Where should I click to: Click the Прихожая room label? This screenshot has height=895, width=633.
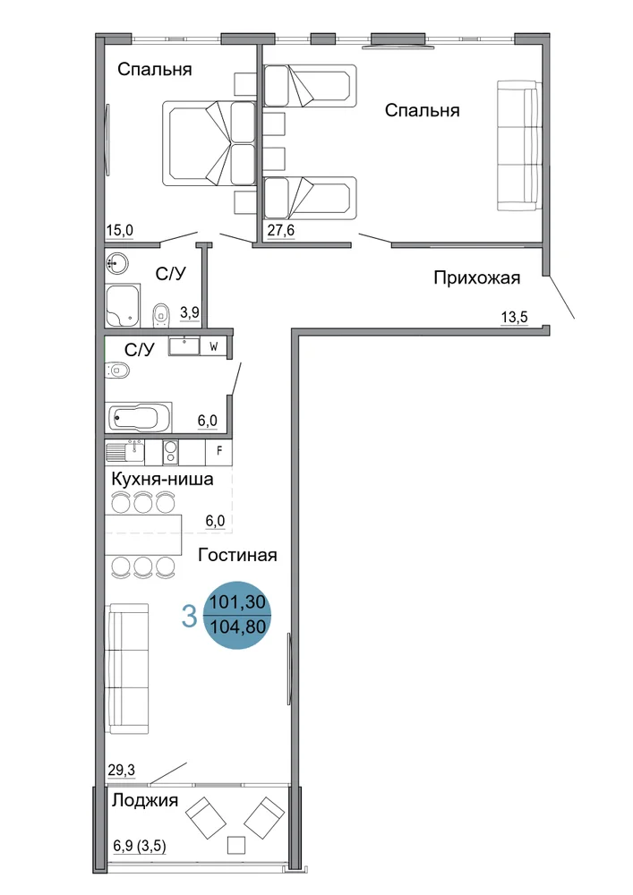(476, 278)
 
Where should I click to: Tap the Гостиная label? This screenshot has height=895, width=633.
(237, 555)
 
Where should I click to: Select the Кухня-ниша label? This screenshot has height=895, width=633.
(162, 478)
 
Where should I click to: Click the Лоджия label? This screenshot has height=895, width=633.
(145, 800)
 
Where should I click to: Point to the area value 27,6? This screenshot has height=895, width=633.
(281, 231)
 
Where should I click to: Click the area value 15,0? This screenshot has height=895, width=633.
(120, 231)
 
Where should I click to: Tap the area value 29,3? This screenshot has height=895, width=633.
(122, 771)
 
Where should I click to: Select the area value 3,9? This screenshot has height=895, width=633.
(190, 312)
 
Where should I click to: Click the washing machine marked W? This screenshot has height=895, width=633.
(215, 346)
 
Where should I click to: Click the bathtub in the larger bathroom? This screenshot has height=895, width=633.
(139, 417)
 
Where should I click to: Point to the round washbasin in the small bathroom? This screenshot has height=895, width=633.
(117, 264)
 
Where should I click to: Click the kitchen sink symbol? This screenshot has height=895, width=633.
(125, 451)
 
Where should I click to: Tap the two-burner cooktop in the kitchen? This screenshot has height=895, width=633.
(170, 451)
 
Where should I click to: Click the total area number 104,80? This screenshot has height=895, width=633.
(238, 626)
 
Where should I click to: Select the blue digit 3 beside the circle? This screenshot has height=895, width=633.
(189, 617)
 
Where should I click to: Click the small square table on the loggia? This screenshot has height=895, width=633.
(235, 845)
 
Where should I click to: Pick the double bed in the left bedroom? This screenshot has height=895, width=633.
(210, 143)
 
